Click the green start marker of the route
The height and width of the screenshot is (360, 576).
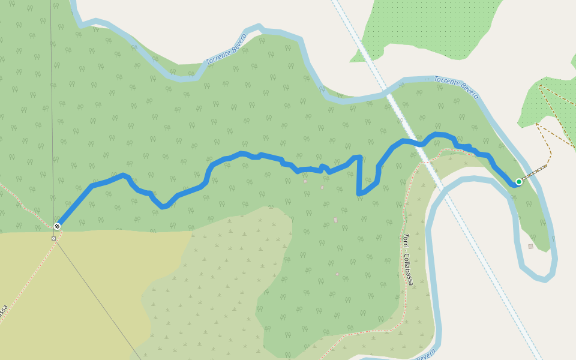[519, 182]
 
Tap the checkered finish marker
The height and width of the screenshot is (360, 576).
[57, 226]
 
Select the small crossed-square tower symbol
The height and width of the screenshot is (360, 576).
[53, 238]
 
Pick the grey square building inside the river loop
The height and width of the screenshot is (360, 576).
[530, 247]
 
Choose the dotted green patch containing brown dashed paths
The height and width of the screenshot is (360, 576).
[549, 108]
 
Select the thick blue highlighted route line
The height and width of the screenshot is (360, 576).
[240, 155]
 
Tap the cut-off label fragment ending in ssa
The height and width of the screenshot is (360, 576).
[4, 312]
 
